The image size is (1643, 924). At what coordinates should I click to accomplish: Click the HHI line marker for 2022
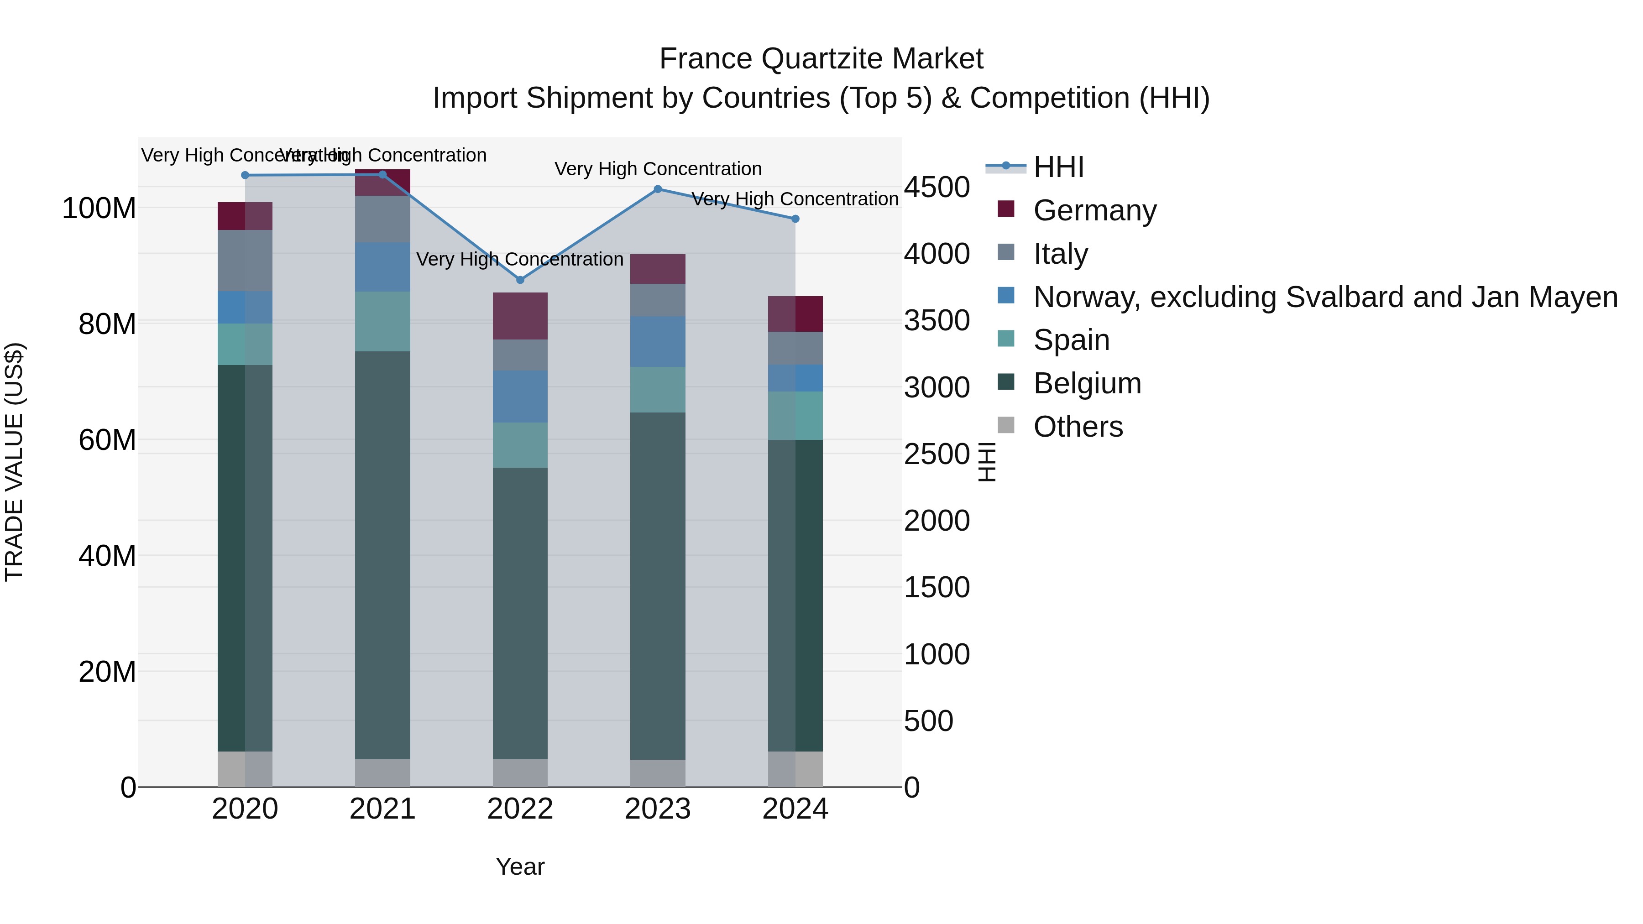pyautogui.click(x=520, y=280)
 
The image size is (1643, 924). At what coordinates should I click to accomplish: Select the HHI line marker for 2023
pyautogui.click(x=658, y=189)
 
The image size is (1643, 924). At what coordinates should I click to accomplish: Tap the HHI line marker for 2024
pyautogui.click(x=795, y=219)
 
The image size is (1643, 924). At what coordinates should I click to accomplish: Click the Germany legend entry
pyautogui.click(x=1094, y=210)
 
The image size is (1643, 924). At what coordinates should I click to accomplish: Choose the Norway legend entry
pyautogui.click(x=1325, y=297)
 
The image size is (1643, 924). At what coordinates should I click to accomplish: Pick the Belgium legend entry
pyautogui.click(x=1087, y=383)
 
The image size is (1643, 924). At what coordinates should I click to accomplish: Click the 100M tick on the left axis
pyautogui.click(x=99, y=209)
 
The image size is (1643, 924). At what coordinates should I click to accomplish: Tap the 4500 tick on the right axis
pyautogui.click(x=937, y=188)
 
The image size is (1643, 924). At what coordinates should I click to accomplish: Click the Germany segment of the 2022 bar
pyautogui.click(x=520, y=316)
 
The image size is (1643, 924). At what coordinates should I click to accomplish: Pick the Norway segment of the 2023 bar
pyautogui.click(x=658, y=341)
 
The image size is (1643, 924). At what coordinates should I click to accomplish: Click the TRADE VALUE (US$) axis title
pyautogui.click(x=14, y=462)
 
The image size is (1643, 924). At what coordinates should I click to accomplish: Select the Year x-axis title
pyautogui.click(x=520, y=867)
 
